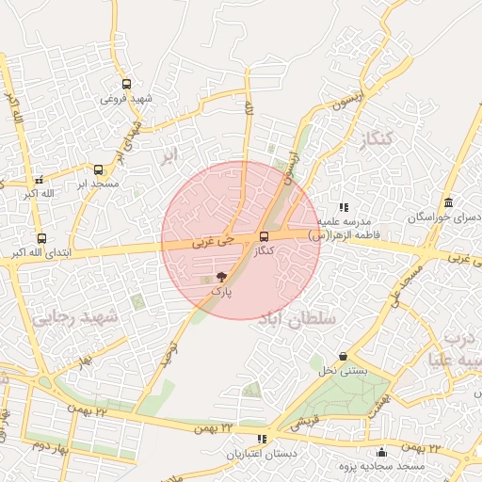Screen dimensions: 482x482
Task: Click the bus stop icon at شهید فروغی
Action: pyautogui.click(x=127, y=84)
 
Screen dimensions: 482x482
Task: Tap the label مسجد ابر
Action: pyautogui.click(x=98, y=184)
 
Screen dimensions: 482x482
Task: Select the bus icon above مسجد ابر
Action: pyautogui.click(x=98, y=170)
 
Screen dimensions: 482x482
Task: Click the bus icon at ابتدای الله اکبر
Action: pyautogui.click(x=40, y=239)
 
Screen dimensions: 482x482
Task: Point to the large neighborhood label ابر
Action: pyautogui.click(x=169, y=155)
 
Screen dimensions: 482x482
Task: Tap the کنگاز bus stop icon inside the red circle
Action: pyautogui.click(x=264, y=237)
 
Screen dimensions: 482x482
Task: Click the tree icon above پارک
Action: pyautogui.click(x=221, y=278)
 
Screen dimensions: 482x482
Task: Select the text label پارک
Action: pyautogui.click(x=220, y=293)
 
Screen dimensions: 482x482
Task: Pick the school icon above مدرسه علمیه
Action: pyautogui.click(x=344, y=206)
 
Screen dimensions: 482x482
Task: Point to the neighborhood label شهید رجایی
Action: pyautogui.click(x=75, y=318)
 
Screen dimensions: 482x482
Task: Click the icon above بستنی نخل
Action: pyautogui.click(x=343, y=357)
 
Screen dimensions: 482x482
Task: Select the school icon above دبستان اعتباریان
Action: pyautogui.click(x=261, y=440)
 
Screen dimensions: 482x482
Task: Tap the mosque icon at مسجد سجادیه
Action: pyautogui.click(x=380, y=452)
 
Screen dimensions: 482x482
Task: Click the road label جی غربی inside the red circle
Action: pyautogui.click(x=209, y=242)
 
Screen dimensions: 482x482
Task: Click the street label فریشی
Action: pyautogui.click(x=303, y=426)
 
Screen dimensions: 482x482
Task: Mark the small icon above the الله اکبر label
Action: pyautogui.click(x=39, y=180)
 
